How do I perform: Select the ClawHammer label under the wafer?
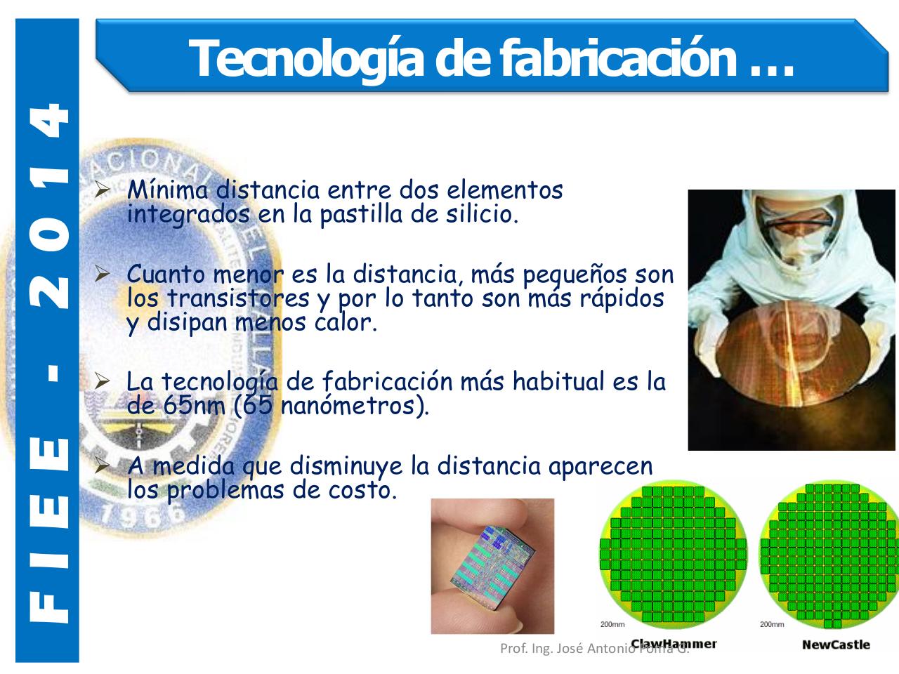coord(674,643)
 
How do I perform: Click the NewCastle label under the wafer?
coord(836,644)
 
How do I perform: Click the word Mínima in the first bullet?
coord(169,190)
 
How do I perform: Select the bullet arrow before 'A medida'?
coord(103,466)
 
